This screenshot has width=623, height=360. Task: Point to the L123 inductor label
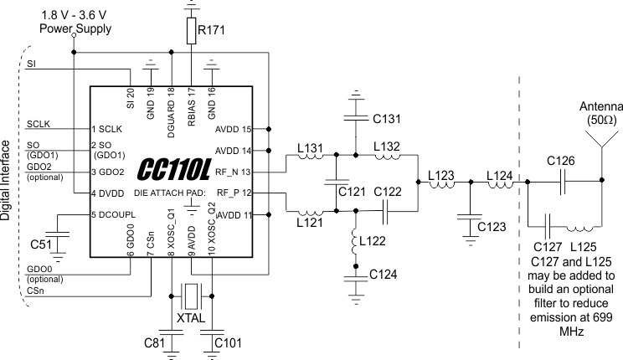click(x=441, y=177)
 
